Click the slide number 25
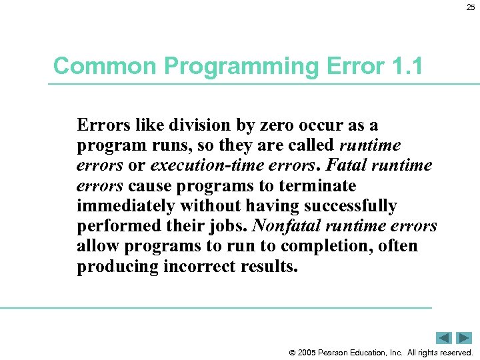[470, 7]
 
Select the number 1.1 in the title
[405, 66]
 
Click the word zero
[293, 125]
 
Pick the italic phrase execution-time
[203, 165]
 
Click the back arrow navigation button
[444, 338]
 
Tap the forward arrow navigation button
[465, 338]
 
